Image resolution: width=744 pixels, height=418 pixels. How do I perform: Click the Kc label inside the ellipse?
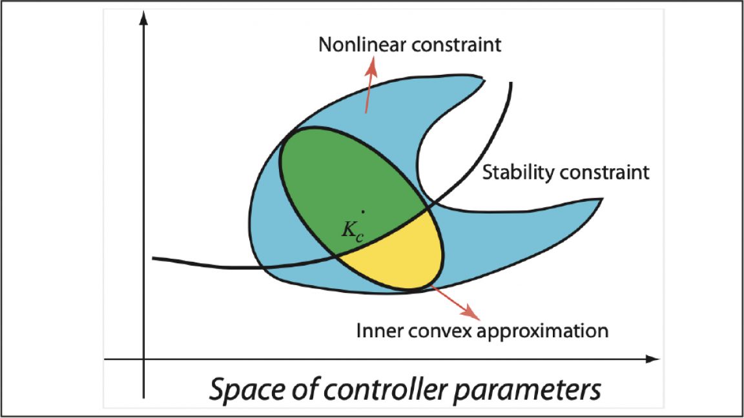[x=352, y=232]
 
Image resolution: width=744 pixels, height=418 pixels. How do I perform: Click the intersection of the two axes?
[x=144, y=359]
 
